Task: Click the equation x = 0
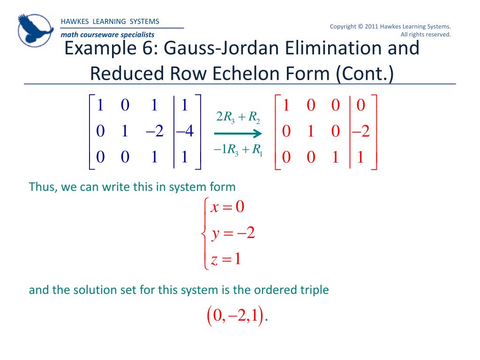pyautogui.click(x=227, y=208)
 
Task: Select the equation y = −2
pyautogui.click(x=232, y=233)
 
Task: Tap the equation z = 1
pyautogui.click(x=226, y=259)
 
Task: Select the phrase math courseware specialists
pyautogui.click(x=107, y=35)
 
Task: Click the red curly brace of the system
pyautogui.click(x=203, y=233)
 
